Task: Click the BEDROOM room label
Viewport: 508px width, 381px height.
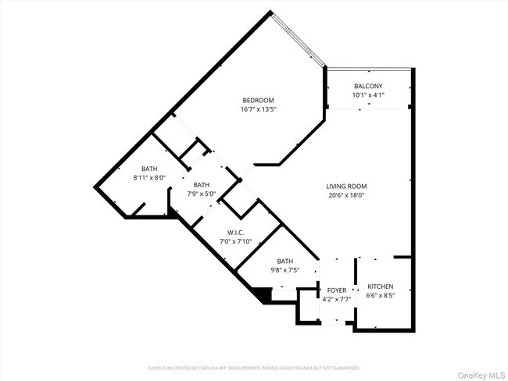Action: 258,100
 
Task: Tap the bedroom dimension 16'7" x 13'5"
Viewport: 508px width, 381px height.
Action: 258,109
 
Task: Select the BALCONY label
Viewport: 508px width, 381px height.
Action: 367,86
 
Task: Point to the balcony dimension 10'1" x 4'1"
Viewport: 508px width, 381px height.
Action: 367,95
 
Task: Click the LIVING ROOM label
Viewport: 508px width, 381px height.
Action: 346,186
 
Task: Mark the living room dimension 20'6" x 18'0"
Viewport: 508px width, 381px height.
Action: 346,195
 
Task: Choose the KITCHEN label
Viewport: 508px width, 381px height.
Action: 380,287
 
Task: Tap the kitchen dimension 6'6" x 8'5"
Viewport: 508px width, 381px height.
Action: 380,296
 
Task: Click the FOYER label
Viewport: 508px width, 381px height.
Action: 336,290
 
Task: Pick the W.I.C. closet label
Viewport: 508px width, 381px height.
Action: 236,233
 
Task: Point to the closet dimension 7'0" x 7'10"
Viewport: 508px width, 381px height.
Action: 236,242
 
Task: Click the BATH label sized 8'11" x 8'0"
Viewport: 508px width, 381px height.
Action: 149,169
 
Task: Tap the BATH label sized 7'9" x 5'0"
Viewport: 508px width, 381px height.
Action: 200,185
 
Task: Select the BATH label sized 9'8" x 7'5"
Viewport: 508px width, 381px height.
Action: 284,262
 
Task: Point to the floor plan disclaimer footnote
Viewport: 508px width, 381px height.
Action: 254,367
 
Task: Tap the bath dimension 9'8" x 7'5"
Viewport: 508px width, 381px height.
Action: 284,271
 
